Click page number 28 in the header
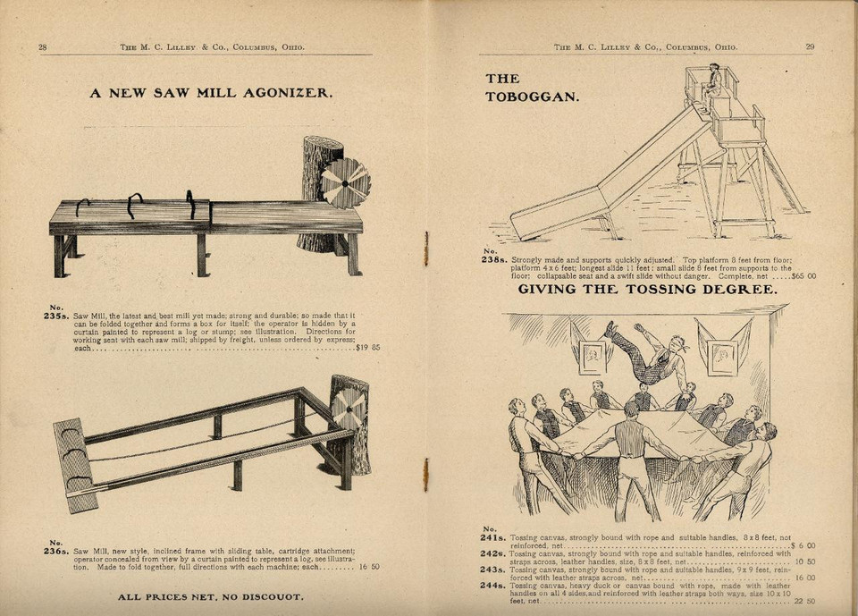pyautogui.click(x=42, y=46)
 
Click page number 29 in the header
pyautogui.click(x=810, y=46)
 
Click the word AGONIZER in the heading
pyautogui.click(x=287, y=92)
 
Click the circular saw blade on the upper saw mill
pyautogui.click(x=345, y=182)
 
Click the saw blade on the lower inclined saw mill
pyautogui.click(x=348, y=409)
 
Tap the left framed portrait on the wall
pyautogui.click(x=592, y=357)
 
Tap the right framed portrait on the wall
pyautogui.click(x=721, y=357)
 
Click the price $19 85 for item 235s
pyautogui.click(x=367, y=348)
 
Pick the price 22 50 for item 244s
pyautogui.click(x=803, y=601)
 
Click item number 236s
pyautogui.click(x=56, y=551)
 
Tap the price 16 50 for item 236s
pyautogui.click(x=369, y=567)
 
